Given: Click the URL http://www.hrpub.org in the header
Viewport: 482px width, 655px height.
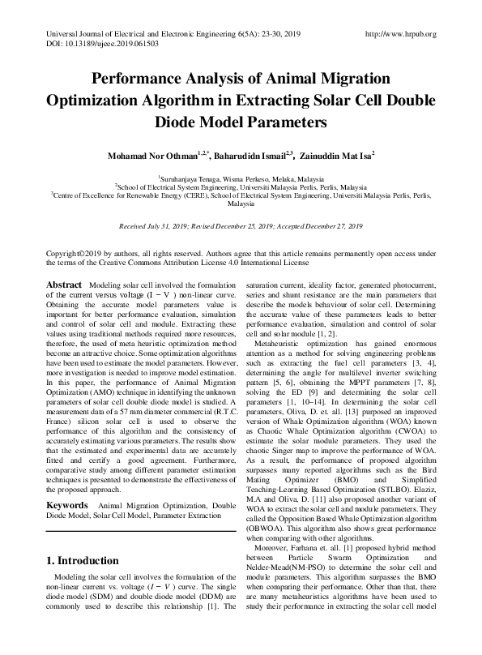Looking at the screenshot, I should [401, 34].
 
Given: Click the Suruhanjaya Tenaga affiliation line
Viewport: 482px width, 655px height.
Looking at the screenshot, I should [240, 177].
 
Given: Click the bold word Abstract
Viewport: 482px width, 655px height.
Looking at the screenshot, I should [64, 286].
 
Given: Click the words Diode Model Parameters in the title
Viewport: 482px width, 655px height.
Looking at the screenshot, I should [241, 123].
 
